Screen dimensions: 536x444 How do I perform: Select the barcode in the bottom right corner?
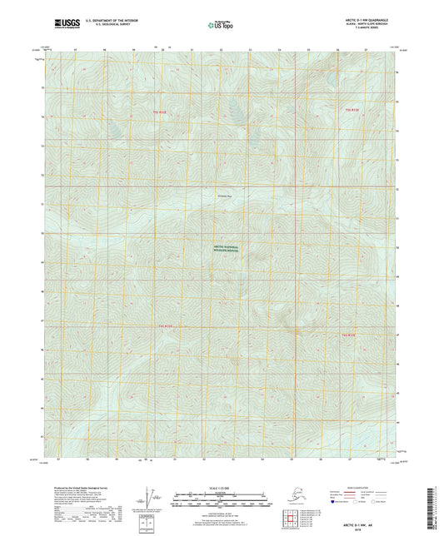[x=434, y=508]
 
